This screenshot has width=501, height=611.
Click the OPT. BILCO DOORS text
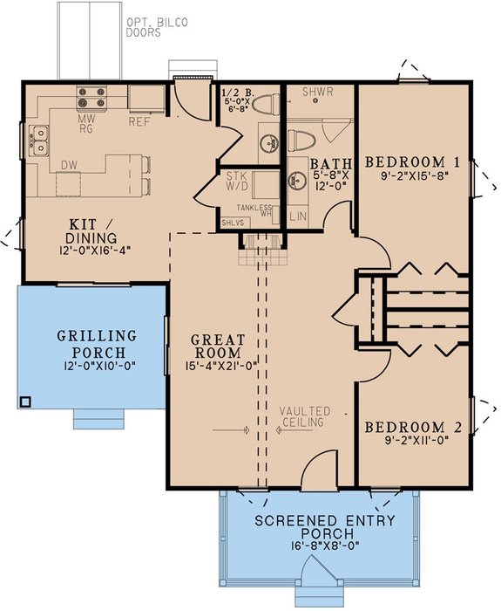tap(156, 27)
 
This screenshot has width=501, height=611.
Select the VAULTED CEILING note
tap(305, 416)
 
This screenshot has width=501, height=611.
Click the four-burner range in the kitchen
tap(91, 97)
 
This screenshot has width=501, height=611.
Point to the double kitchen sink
tap(38, 141)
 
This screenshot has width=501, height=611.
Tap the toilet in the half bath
tap(266, 104)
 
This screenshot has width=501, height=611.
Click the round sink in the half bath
tap(269, 143)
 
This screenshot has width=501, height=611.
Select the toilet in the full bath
tap(301, 139)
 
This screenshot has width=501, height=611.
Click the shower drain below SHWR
tap(315, 100)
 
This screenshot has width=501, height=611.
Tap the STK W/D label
tap(237, 181)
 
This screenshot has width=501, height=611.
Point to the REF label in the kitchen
tap(139, 121)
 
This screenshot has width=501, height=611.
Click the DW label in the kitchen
tap(69, 165)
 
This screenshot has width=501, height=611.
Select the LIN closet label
tap(298, 216)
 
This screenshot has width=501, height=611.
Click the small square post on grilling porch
tap(25, 402)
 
